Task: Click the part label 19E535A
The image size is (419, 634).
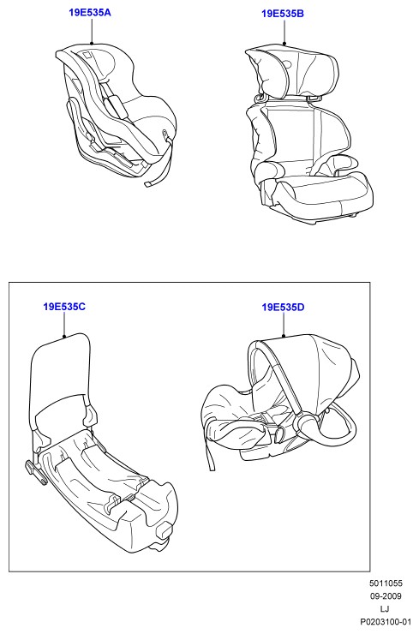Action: (90, 13)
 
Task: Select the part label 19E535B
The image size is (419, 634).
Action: (283, 14)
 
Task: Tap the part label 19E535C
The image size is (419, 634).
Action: (64, 307)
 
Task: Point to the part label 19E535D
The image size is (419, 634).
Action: (283, 308)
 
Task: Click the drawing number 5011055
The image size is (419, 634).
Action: (386, 583)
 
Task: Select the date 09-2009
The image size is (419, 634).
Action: (386, 596)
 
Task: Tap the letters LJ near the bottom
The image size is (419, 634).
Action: (385, 609)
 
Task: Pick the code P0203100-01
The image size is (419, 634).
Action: (386, 622)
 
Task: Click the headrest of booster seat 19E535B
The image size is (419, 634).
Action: (292, 72)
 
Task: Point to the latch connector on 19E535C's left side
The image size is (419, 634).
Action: (36, 471)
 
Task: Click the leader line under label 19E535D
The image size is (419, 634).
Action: (284, 325)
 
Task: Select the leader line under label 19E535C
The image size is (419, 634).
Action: (64, 324)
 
